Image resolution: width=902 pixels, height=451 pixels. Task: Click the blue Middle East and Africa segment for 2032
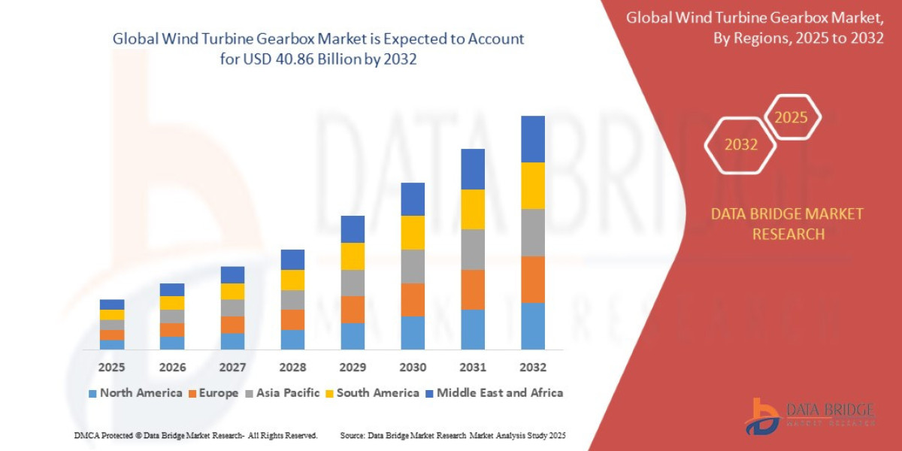pyautogui.click(x=532, y=139)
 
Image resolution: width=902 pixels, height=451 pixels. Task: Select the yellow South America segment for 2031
pyautogui.click(x=472, y=209)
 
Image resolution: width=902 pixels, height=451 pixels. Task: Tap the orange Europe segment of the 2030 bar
pyautogui.click(x=413, y=299)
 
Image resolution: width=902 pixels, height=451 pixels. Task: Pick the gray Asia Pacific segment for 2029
pyautogui.click(x=353, y=283)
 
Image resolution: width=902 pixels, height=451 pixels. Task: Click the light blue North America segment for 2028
pyautogui.click(x=292, y=340)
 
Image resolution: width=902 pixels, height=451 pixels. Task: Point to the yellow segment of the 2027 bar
pyautogui.click(x=232, y=291)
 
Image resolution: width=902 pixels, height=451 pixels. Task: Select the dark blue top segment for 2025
pyautogui.click(x=112, y=304)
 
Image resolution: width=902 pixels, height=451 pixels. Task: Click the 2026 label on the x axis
pyautogui.click(x=172, y=368)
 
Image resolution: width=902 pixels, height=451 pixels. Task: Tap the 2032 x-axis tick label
pyautogui.click(x=532, y=368)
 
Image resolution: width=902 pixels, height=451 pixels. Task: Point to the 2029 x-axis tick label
pyautogui.click(x=353, y=368)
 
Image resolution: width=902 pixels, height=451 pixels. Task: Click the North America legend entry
pyautogui.click(x=135, y=393)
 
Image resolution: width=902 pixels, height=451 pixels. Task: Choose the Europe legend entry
pyautogui.click(x=213, y=393)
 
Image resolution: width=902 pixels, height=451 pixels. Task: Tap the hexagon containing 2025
pyautogui.click(x=792, y=117)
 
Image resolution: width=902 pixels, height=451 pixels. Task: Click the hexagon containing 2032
pyautogui.click(x=740, y=145)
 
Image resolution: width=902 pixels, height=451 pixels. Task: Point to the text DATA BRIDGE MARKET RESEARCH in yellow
pyautogui.click(x=787, y=224)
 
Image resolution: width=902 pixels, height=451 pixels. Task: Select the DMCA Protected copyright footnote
pyautogui.click(x=195, y=436)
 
